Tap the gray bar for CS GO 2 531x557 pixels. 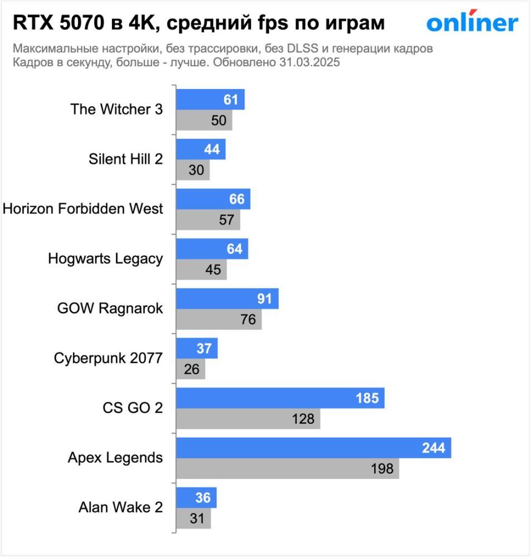pos(248,419)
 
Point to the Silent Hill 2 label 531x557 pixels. pos(126,159)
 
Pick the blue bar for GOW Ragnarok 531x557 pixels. pos(227,299)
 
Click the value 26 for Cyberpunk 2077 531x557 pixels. pos(191,369)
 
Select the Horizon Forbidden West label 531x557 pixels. pos(83,208)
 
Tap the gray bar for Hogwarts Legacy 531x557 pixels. pos(201,270)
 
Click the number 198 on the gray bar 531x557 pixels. pos(382,469)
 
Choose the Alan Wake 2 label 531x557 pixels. pos(121,507)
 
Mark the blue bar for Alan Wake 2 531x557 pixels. pos(196,497)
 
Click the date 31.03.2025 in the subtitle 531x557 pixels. pos(309,63)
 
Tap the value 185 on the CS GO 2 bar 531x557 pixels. pos(367,398)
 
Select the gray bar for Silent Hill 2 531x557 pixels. pos(193,170)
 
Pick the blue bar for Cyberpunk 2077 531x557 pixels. pos(196,348)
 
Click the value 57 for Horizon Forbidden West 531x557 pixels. pos(226,220)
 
